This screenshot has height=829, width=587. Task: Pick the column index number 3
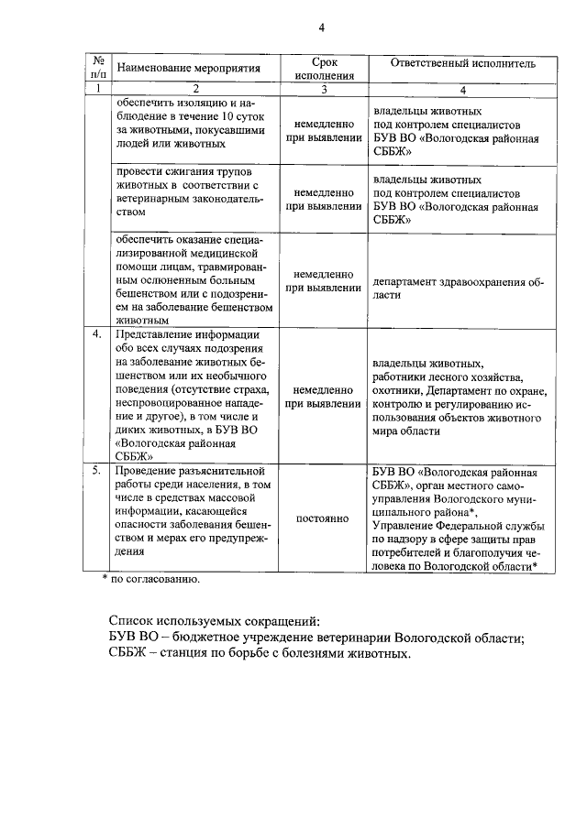324,89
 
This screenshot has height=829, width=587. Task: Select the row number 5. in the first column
96,470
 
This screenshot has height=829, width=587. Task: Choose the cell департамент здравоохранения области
458,289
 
